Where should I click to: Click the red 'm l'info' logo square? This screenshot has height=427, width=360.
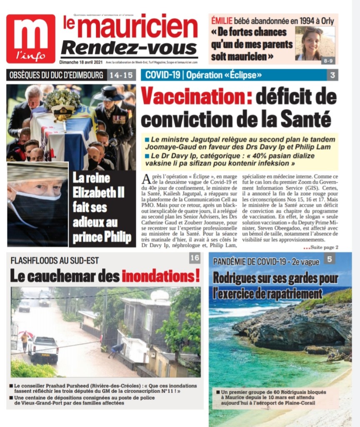[x=31, y=38]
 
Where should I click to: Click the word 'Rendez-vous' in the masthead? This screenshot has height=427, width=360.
[x=129, y=49]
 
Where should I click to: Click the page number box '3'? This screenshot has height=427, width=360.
[x=332, y=75]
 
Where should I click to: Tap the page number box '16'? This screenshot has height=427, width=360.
[x=195, y=258]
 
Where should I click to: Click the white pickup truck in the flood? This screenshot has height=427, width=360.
[x=43, y=349]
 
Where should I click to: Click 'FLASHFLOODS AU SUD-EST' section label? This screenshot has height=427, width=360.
[x=55, y=261]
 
